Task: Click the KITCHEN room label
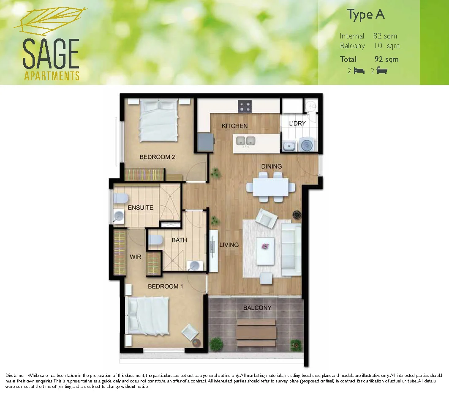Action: click(234, 126)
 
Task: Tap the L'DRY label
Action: click(297, 123)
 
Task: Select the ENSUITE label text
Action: click(140, 207)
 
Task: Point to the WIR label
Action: click(135, 257)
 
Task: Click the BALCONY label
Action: click(257, 308)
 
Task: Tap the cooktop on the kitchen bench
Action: click(244, 106)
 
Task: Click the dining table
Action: click(271, 186)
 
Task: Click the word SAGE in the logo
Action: click(51, 54)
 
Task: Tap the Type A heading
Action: click(366, 15)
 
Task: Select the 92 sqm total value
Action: click(386, 59)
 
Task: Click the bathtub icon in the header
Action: click(382, 71)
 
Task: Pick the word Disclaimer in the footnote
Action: click(16, 375)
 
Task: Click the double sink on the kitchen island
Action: click(245, 141)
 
